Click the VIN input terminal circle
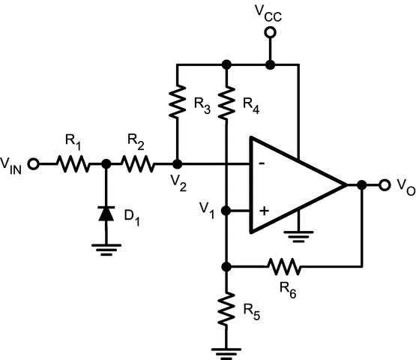click(33, 163)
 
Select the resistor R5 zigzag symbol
click(226, 308)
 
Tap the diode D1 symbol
click(106, 214)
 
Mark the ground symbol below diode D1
click(106, 248)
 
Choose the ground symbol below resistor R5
click(226, 349)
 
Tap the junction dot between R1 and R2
click(106, 163)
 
